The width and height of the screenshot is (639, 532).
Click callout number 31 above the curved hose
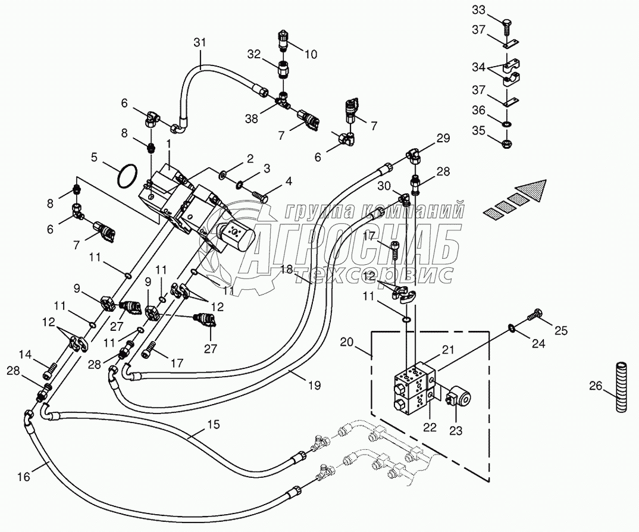[199, 42]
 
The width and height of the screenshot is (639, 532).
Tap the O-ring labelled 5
[127, 177]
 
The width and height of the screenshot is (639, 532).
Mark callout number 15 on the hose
[214, 424]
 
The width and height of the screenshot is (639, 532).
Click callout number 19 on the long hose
[314, 386]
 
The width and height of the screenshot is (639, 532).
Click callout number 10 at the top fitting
[311, 55]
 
